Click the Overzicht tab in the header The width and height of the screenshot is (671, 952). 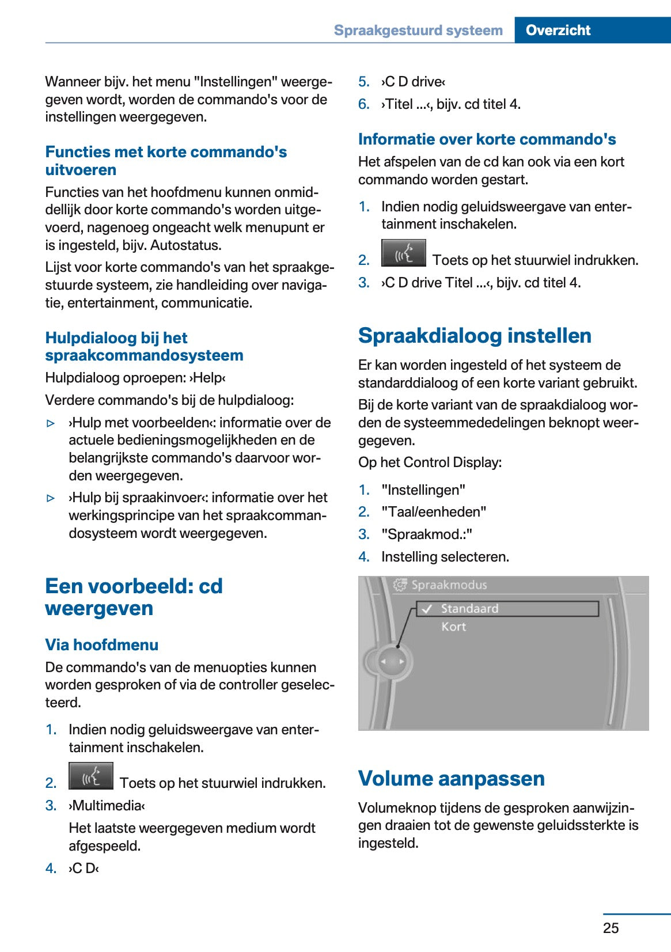pos(558,30)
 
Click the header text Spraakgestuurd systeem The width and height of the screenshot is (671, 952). pos(418,30)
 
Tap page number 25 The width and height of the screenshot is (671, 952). pos(611,928)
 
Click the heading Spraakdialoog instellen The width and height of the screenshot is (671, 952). pos(475,336)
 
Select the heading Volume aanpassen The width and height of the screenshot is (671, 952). pos(451,778)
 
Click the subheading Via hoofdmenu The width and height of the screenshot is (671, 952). pos(101,644)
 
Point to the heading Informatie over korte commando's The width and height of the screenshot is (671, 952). pos(487,139)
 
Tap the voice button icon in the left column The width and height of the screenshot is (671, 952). pos(91,776)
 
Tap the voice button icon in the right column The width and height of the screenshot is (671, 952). pos(403,253)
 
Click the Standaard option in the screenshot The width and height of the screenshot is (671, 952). pos(469,609)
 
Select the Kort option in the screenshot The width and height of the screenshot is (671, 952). pos(453,627)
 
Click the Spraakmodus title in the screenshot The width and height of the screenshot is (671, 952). pos(449,585)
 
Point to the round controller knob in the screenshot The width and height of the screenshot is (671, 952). pos(392,662)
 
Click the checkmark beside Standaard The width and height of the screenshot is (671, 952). pos(427,609)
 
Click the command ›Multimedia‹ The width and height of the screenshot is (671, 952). pos(107,806)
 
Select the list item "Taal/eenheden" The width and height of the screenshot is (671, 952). pos(433,512)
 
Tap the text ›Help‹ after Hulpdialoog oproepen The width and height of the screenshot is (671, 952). pos(207,378)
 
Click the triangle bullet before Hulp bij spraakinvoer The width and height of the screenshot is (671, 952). pos(51,498)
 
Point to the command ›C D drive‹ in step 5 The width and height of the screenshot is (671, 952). pos(413,82)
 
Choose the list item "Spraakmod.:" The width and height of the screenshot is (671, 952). pos(426,534)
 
